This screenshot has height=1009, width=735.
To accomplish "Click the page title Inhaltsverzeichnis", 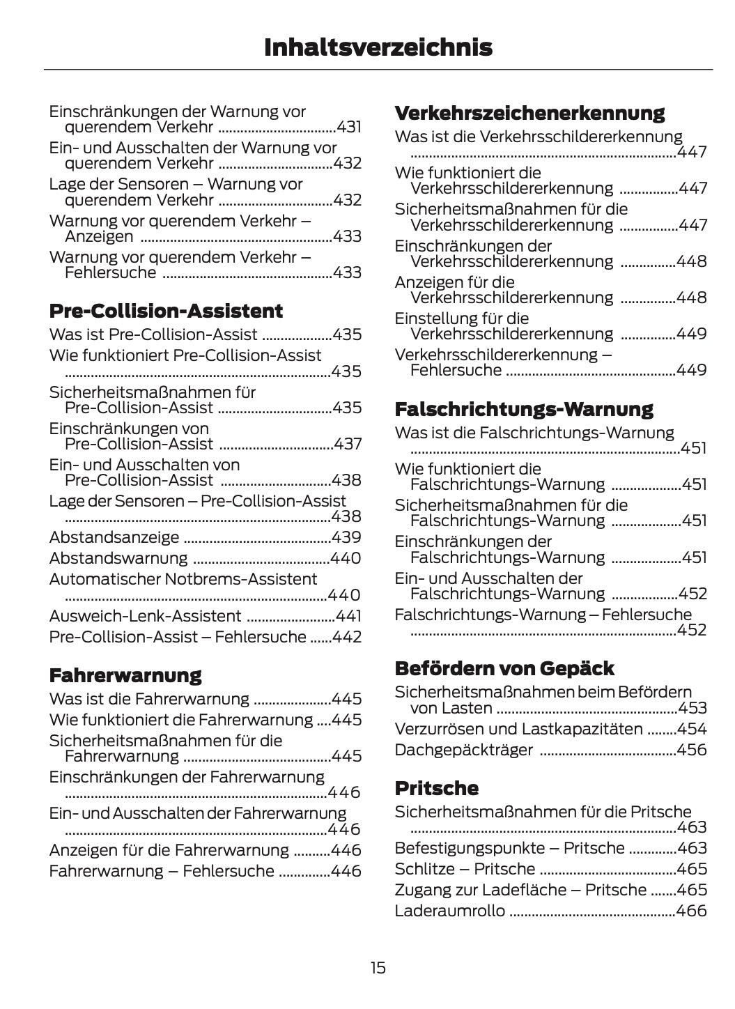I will tap(378, 47).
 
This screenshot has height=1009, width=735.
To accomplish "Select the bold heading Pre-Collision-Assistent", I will tap(166, 311).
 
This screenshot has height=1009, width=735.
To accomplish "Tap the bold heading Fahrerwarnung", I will tap(125, 675).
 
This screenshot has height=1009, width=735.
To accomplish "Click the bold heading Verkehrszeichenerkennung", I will tap(529, 113).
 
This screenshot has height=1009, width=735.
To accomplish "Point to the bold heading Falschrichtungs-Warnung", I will tap(524, 409).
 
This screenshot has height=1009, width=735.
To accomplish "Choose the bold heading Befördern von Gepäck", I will tap(504, 668).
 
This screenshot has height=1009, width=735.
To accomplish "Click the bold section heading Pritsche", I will tap(437, 788).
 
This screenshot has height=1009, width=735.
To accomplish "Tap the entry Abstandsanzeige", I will tap(114, 537).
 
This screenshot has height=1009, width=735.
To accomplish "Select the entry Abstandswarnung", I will tap(118, 558).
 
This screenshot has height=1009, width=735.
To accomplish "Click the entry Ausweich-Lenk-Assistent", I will tap(146, 616).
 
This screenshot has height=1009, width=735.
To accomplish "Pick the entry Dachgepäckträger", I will tap(464, 750).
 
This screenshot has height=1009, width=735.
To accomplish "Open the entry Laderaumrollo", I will tap(450, 911).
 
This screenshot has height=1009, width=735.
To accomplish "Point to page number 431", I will tap(349, 127).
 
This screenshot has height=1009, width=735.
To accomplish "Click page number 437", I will tap(348, 444).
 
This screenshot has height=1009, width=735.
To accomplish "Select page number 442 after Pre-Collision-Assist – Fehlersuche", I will tap(348, 637).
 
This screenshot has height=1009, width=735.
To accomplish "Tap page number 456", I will tap(693, 750).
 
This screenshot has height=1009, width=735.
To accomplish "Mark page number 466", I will tap(692, 911).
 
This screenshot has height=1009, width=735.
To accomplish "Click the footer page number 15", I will tap(378, 968).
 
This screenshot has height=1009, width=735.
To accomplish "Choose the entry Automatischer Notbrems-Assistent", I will tap(183, 579).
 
